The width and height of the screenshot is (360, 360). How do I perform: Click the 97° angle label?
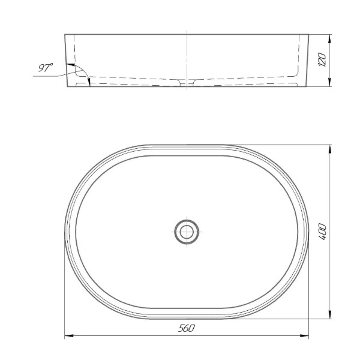pos(46,67)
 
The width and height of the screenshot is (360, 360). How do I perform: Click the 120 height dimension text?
pos(322,59)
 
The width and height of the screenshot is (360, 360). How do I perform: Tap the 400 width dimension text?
pos(323,232)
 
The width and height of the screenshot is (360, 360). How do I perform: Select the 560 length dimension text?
pos(187,328)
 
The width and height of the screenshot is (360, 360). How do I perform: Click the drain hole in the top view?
pos(187,232)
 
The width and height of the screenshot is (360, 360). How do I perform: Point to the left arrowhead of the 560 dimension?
pos(68,336)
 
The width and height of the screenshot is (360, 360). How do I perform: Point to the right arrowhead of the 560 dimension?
pos(304,336)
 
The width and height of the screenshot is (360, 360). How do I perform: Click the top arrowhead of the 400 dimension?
pos(330,149)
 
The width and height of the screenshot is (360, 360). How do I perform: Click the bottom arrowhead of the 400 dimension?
pos(330,314)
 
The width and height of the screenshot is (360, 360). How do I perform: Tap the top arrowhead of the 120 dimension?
pos(330,39)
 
